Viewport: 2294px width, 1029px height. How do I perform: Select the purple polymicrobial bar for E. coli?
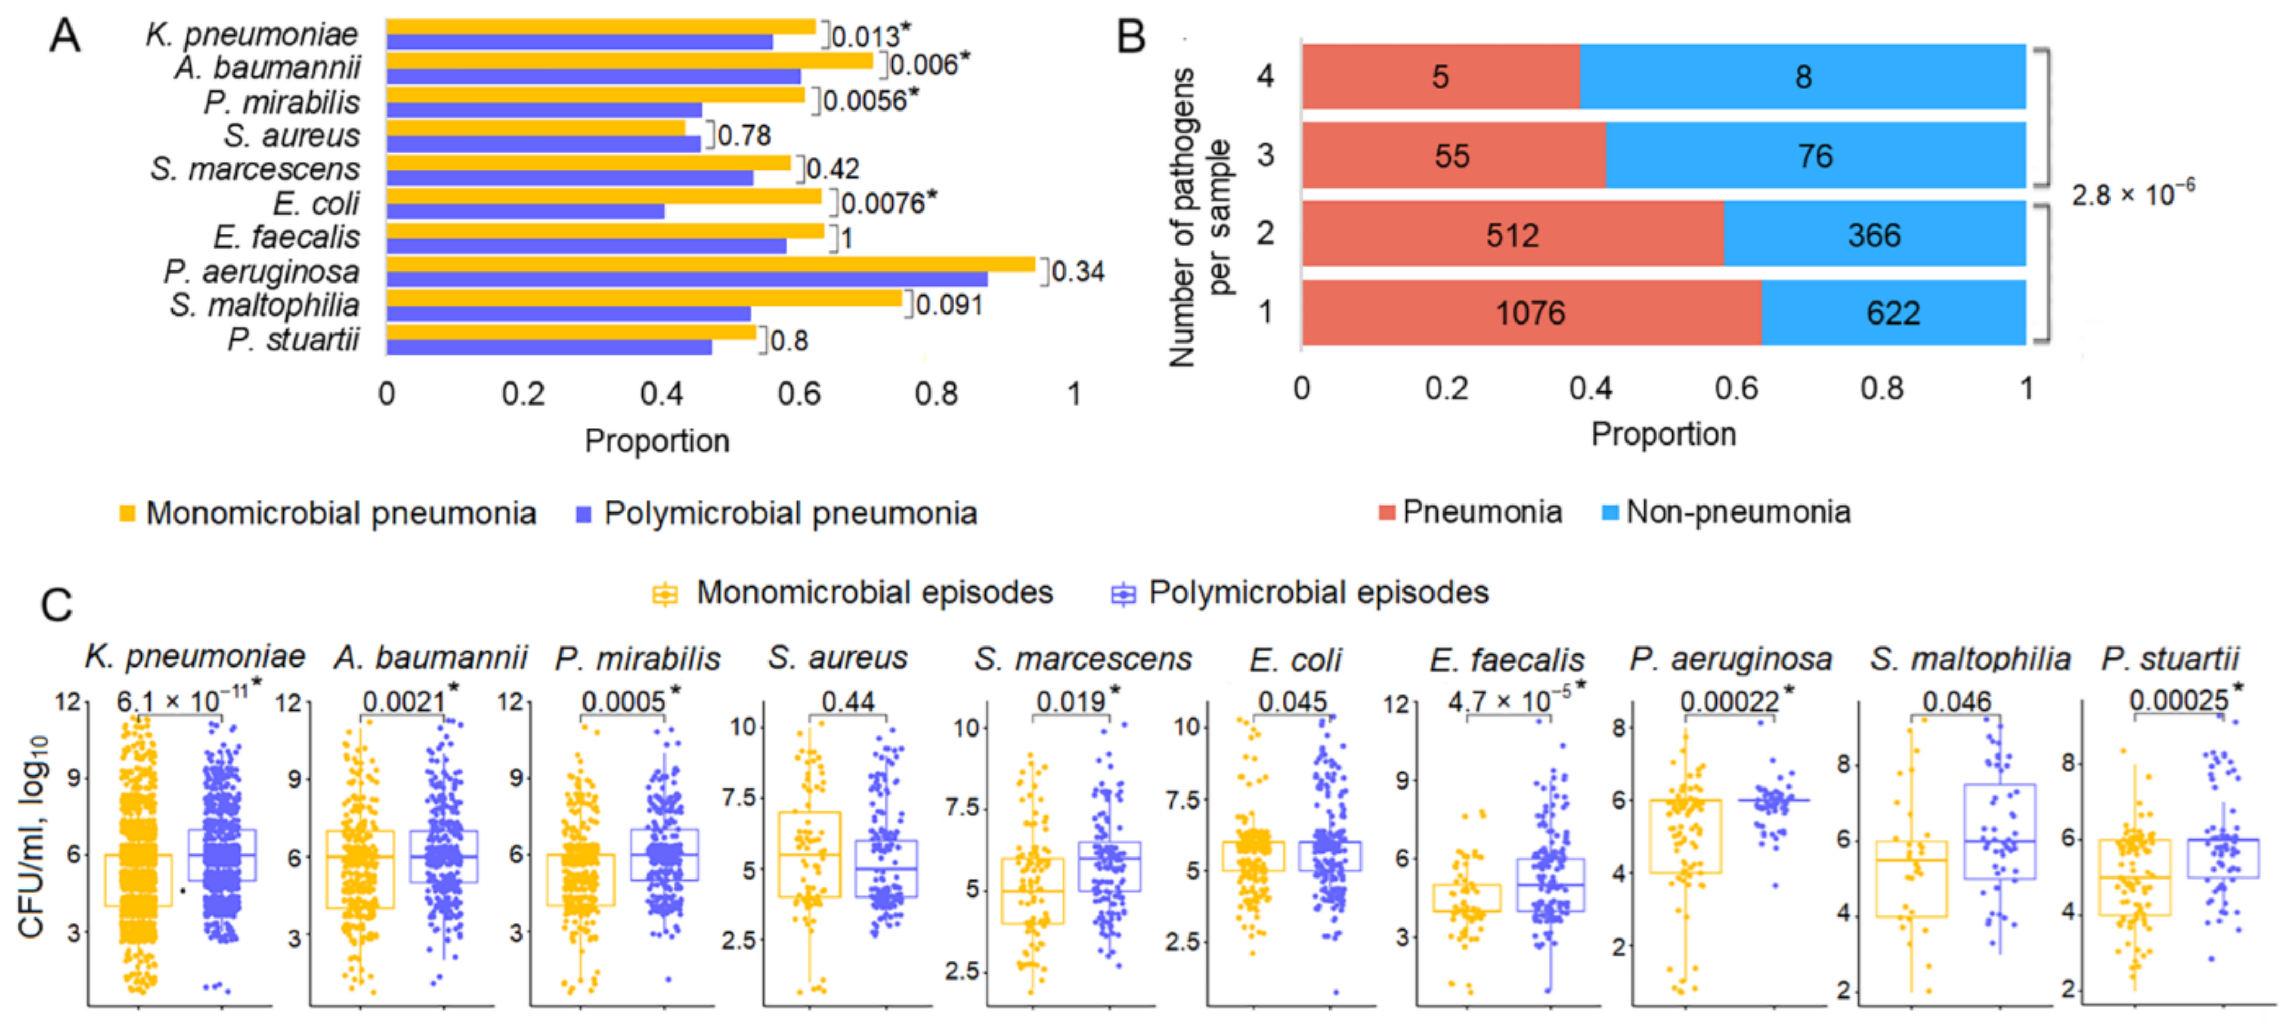click(x=526, y=211)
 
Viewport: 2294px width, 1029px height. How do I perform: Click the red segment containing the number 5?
click(x=1440, y=77)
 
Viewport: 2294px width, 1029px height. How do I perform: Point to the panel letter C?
click(x=57, y=606)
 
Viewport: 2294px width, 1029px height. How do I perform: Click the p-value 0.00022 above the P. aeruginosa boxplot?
click(x=1728, y=702)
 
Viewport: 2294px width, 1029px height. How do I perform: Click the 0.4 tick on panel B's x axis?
click(x=1591, y=388)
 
